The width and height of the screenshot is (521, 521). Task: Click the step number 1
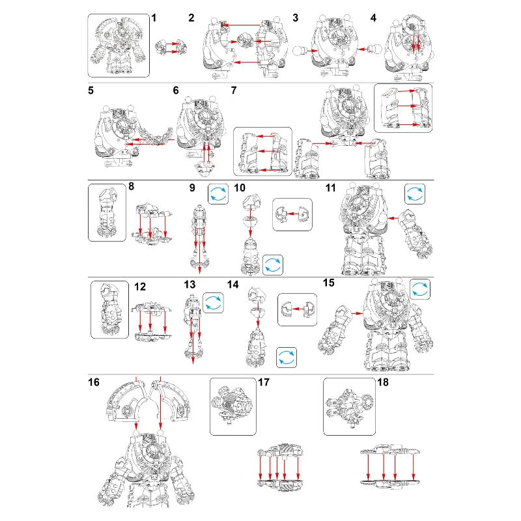[154, 18]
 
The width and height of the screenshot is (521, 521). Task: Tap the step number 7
[234, 91]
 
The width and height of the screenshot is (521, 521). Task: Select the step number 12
[140, 287]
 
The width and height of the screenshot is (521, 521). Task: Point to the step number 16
[94, 382]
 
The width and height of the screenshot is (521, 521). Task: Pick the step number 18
[383, 382]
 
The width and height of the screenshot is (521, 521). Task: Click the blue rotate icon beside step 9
[218, 194]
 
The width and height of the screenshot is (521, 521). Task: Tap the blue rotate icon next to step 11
[415, 194]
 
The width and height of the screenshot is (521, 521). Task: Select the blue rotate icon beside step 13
[213, 303]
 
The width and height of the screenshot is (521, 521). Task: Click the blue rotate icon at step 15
[420, 289]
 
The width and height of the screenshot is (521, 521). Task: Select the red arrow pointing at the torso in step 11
[393, 218]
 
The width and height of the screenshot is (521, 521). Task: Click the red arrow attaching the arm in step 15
[357, 313]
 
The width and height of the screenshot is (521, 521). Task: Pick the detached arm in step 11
[416, 233]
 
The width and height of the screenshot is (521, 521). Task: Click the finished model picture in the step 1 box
[119, 46]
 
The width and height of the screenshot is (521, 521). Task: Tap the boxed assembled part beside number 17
[232, 406]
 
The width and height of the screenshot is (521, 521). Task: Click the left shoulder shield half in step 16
[126, 401]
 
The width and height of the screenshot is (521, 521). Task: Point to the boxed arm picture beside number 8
[107, 213]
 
